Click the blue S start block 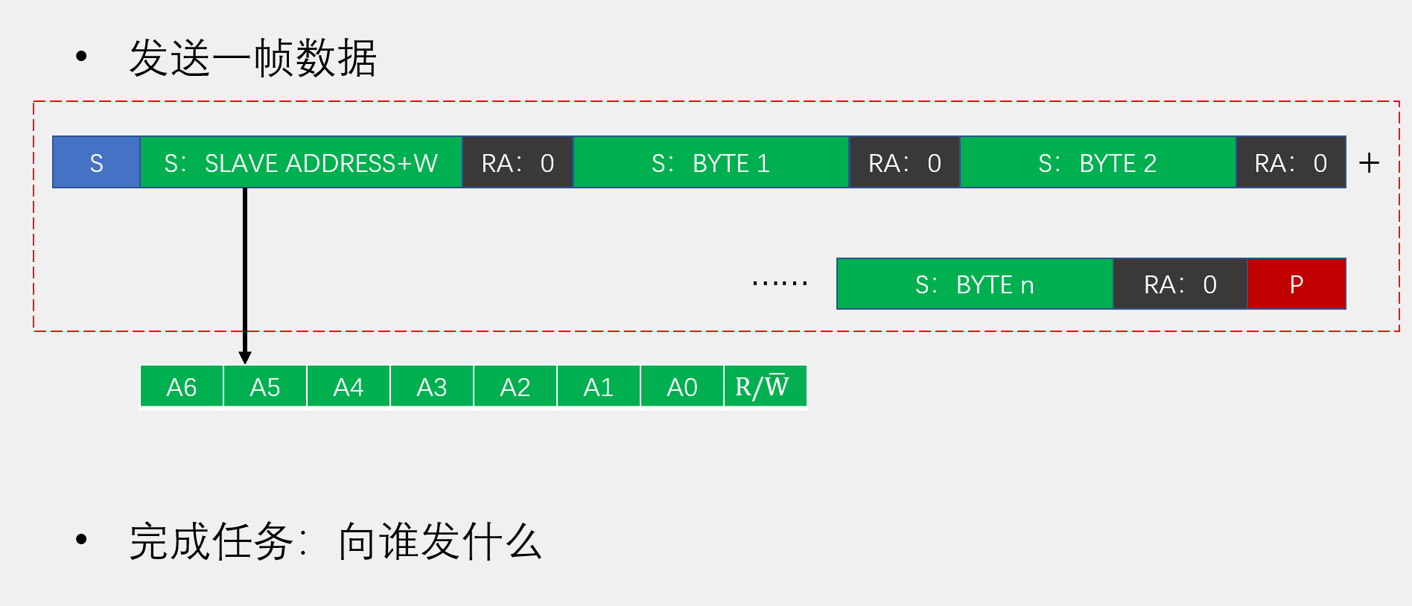(x=96, y=162)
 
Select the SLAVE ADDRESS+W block (x=301, y=162)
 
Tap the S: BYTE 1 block (x=710, y=162)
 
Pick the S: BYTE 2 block (x=1098, y=162)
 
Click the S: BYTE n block (x=974, y=284)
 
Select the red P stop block (x=1296, y=284)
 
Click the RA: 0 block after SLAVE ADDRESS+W (x=518, y=162)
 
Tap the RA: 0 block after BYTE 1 (x=904, y=162)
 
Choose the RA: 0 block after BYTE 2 (x=1291, y=162)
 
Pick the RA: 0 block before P (x=1180, y=284)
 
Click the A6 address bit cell (x=182, y=386)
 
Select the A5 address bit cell (x=265, y=386)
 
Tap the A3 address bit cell (x=432, y=386)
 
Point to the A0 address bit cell (x=682, y=386)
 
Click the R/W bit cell (x=765, y=386)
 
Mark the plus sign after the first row (x=1369, y=163)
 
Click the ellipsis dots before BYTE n (x=780, y=283)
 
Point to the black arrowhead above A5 (x=245, y=357)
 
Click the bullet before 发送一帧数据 (x=81, y=57)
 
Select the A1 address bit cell (x=599, y=386)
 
